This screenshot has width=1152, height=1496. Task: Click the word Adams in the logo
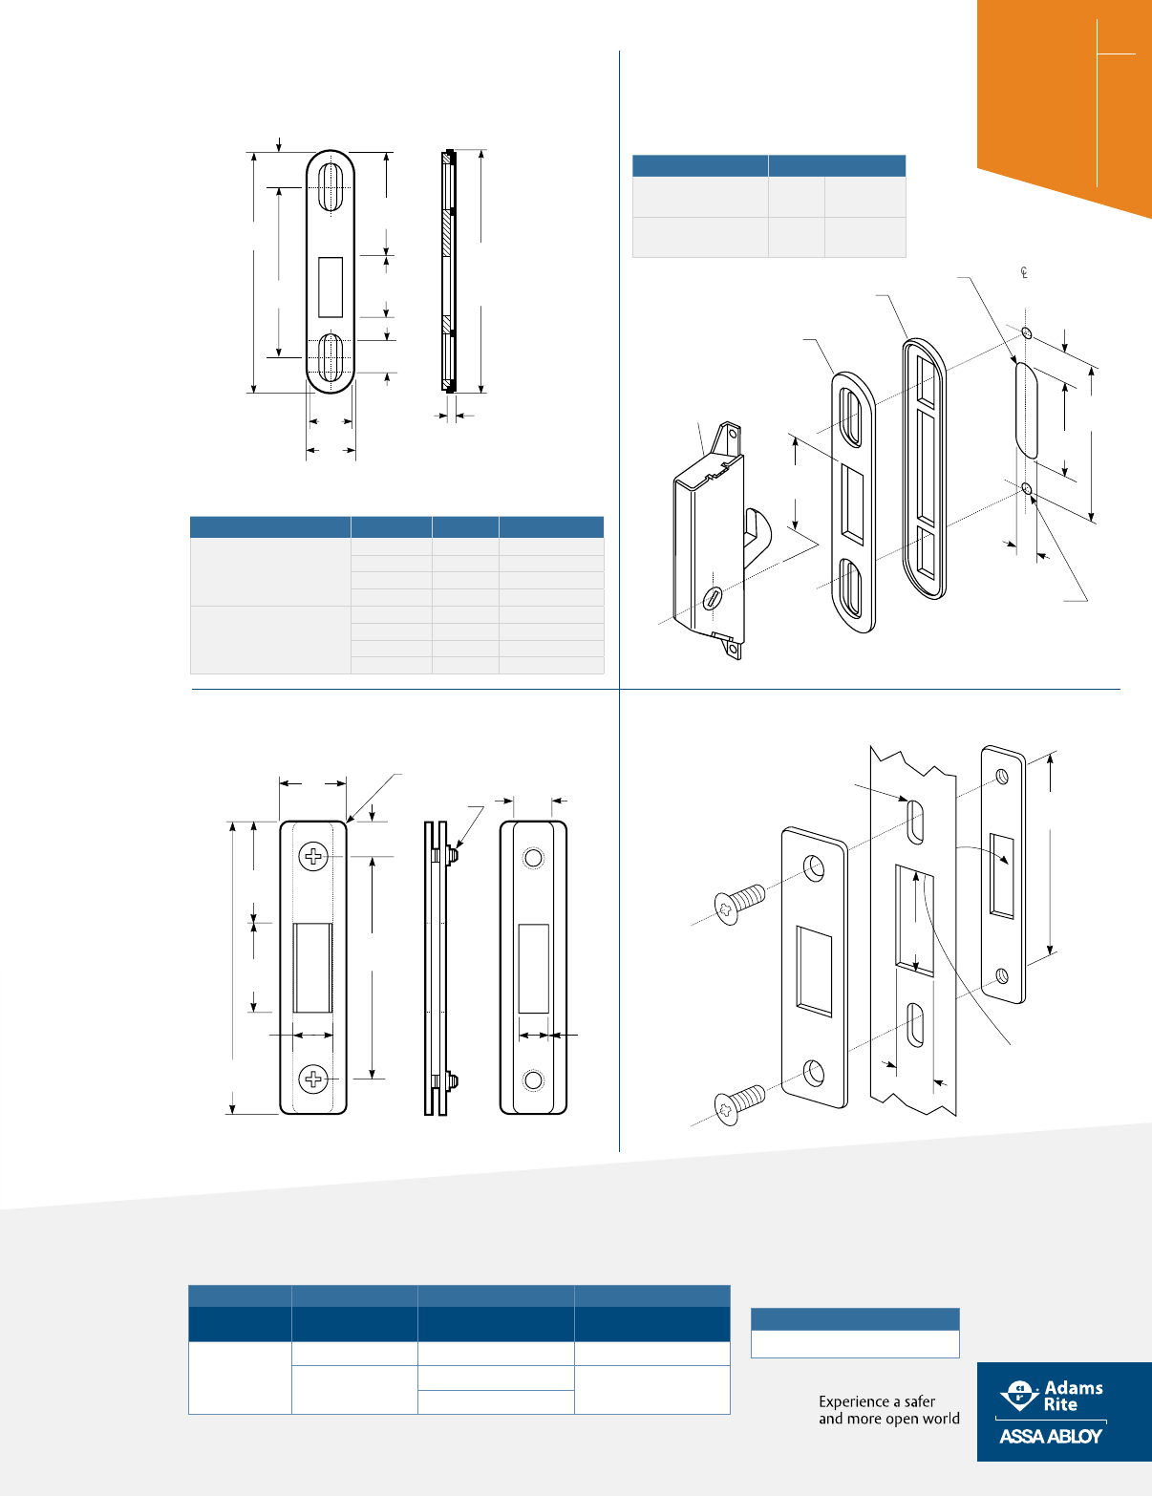1074,1388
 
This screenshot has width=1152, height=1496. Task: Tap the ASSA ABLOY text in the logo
1051,1436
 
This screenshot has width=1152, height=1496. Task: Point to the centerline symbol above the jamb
1024,274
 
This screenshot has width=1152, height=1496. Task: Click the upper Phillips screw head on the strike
313,856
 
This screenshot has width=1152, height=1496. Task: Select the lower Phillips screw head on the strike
313,1079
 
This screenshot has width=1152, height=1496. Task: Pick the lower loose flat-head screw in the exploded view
740,1103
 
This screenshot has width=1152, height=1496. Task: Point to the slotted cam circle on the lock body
712,599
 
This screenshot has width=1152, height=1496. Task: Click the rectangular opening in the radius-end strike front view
331,287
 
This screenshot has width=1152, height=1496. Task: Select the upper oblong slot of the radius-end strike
331,186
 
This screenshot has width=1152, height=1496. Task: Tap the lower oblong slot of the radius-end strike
331,359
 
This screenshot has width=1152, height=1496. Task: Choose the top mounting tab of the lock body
732,439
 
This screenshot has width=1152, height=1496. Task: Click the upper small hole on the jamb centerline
1026,333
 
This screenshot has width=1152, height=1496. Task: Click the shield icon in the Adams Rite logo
1018,1396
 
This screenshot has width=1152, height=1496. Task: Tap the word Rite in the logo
1060,1405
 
